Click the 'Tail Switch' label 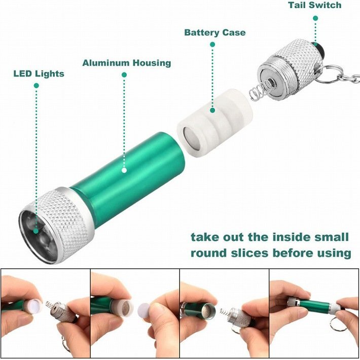tap(314, 6)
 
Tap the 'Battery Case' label tap(214, 33)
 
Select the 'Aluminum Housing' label tap(126, 63)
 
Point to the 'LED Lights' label tap(39, 74)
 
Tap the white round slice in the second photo tap(145, 309)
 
